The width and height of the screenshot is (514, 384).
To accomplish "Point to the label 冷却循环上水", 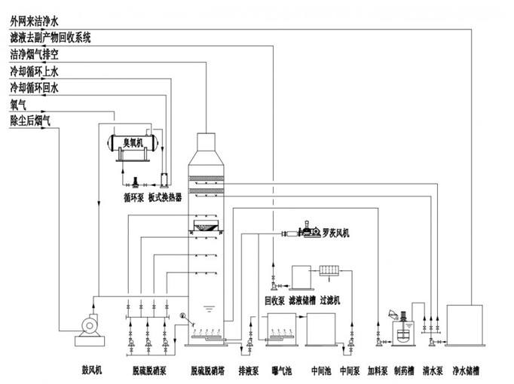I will click(34, 72).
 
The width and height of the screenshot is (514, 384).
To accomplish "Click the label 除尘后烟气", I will click(30, 120).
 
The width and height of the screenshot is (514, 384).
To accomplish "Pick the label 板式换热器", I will click(165, 199).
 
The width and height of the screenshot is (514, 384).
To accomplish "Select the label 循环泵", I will click(133, 199).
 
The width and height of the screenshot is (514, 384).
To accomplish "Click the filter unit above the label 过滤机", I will click(330, 269).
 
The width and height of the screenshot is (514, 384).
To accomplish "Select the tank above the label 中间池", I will click(322, 328).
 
